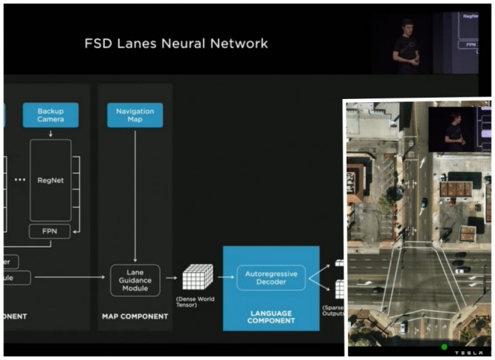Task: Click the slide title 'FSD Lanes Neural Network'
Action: pos(176,44)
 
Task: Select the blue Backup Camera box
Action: pos(51,115)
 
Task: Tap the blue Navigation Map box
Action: pos(134,115)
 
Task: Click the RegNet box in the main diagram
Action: pos(51,180)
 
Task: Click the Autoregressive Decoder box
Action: pos(270,278)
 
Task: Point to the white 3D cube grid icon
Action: pos(197,277)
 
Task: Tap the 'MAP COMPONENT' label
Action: pos(134,316)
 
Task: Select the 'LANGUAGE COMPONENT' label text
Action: pos(271,316)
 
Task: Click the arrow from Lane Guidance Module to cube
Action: pos(171,278)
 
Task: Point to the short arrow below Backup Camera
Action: pos(51,134)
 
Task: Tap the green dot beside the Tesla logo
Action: pos(444,346)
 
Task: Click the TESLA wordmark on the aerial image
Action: pos(468,350)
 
